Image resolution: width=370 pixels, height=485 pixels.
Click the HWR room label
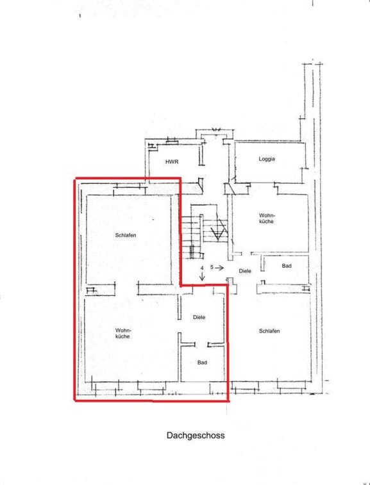tap(172, 161)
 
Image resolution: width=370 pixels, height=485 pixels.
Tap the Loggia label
tap(267, 159)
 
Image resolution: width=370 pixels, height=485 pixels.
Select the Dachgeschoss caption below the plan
tap(196, 436)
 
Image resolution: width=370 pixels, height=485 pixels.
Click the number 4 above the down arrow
tap(202, 268)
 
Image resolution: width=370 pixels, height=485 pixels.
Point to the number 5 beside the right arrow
tap(212, 267)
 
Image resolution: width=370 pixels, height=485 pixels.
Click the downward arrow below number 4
tap(202, 277)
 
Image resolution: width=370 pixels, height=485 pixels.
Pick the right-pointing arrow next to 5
tap(219, 268)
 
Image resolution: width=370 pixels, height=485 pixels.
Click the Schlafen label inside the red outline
tap(126, 235)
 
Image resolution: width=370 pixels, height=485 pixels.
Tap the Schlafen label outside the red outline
tap(269, 331)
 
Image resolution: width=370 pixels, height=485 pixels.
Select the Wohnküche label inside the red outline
tap(123, 333)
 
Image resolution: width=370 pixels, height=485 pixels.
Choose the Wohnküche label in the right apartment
tap(267, 218)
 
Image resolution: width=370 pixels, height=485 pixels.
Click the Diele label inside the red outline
tap(199, 317)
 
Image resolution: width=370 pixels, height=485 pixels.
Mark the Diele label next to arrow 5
tap(245, 271)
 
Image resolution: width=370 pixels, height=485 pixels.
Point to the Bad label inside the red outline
tap(202, 363)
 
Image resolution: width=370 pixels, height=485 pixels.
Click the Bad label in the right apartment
tap(287, 266)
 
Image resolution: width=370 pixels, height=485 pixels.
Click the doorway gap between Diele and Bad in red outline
tap(201, 344)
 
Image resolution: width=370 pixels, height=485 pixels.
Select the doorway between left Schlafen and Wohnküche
tap(126, 288)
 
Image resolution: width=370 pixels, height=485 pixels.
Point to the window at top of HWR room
tap(172, 142)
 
